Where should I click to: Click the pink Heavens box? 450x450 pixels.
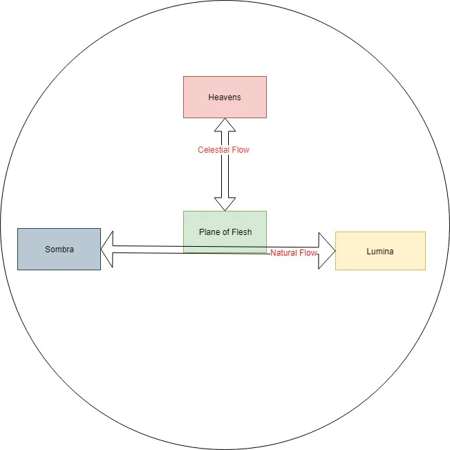tap(225, 97)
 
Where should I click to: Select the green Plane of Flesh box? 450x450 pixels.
tap(225, 232)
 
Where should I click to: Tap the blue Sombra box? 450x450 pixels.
tap(59, 249)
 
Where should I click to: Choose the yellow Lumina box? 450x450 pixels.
tap(380, 251)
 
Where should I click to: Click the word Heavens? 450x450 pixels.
tap(225, 97)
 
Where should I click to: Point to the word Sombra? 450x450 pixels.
tap(59, 249)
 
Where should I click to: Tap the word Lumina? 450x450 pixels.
tap(380, 252)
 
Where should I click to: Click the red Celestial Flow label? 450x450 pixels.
tap(223, 150)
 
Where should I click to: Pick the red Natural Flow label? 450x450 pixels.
tap(294, 253)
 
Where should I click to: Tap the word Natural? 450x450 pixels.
tap(283, 253)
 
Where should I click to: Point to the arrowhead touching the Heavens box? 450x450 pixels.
tap(225, 125)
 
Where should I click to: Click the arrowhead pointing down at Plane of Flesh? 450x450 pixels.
tap(225, 204)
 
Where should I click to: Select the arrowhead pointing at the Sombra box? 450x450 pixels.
tap(107, 250)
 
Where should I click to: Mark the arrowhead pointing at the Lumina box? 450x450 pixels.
tap(326, 251)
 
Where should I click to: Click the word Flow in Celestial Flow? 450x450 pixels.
tap(241, 150)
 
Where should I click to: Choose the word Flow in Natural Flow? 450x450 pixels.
tap(308, 253)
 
